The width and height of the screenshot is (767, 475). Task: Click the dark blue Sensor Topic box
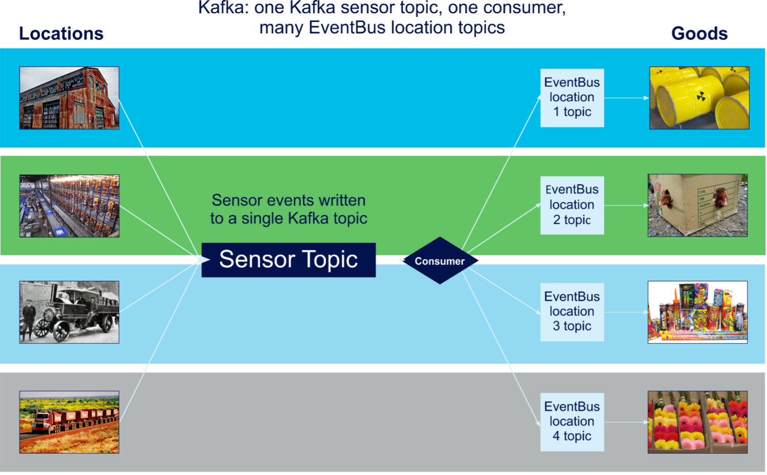288,260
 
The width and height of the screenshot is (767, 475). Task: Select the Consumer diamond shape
439,261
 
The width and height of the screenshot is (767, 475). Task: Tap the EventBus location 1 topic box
572,98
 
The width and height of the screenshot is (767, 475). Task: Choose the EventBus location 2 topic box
572,205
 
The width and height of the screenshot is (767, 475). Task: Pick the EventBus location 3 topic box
572,312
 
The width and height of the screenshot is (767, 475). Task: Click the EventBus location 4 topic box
572,422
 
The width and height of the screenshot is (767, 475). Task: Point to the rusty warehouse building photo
69,98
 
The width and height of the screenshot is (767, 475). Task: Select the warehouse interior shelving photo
69,206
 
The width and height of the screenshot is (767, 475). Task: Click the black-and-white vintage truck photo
69,312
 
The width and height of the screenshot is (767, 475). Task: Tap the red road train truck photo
69,422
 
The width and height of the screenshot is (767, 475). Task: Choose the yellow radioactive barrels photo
699,98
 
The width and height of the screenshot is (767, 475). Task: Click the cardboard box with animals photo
697,205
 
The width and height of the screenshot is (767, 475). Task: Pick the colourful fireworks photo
697,312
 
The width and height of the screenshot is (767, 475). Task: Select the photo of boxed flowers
697,422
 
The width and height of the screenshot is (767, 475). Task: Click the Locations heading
61,34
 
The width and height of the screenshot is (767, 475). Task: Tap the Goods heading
699,34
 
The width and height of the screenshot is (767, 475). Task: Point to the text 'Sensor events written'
288,200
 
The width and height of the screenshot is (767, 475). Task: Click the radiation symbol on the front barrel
701,96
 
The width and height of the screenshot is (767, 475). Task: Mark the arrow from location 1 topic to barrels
626,98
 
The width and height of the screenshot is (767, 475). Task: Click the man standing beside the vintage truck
29,320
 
